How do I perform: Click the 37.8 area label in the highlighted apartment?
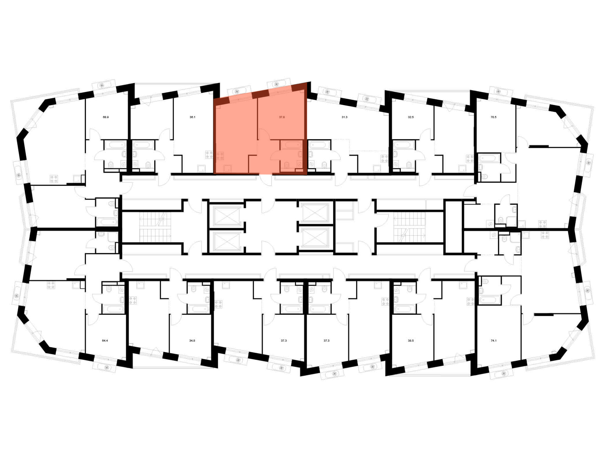pyautogui.click(x=282, y=117)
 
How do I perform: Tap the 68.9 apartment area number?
pyautogui.click(x=106, y=117)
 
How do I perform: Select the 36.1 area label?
pyautogui.click(x=192, y=117)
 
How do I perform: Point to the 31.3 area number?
pyautogui.click(x=344, y=117)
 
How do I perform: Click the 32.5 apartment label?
pyautogui.click(x=410, y=117)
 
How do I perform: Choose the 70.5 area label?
pyautogui.click(x=493, y=117)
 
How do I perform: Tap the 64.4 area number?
pyautogui.click(x=105, y=340)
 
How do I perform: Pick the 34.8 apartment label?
pyautogui.click(x=192, y=340)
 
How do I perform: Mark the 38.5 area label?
pyautogui.click(x=410, y=340)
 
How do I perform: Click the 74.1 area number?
pyautogui.click(x=493, y=340)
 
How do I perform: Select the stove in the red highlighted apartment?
pyautogui.click(x=220, y=156)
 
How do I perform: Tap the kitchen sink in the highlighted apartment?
pyautogui.click(x=227, y=168)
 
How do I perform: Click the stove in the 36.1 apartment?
pyautogui.click(x=209, y=155)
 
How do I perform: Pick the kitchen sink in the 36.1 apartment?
pyautogui.click(x=201, y=168)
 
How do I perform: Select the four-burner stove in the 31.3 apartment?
pyautogui.click(x=384, y=159)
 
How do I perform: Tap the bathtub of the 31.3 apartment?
pyautogui.click(x=319, y=145)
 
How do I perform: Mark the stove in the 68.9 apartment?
pyautogui.click(x=54, y=179)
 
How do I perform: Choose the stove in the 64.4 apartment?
pyautogui.click(x=51, y=285)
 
